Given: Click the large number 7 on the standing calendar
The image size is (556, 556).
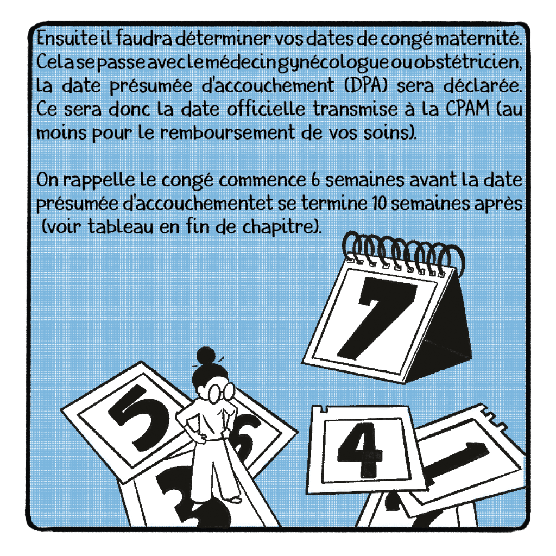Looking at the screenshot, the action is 381,317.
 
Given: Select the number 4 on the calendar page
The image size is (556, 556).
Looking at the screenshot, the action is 360,450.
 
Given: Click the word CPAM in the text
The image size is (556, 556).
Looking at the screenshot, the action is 467,109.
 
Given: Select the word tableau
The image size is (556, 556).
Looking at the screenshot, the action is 121,226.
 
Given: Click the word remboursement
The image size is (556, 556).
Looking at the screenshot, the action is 228,132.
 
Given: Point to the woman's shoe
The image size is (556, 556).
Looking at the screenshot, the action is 233,500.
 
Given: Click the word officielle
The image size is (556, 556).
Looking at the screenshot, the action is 266,109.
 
